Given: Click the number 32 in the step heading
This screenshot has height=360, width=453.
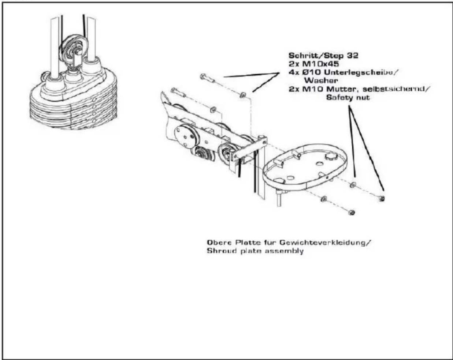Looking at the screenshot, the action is click(352, 56).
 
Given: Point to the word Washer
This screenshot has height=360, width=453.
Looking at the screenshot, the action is click(321, 80).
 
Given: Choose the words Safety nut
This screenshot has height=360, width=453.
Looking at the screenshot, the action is click(348, 98).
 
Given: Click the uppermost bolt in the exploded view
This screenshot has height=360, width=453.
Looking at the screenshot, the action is click(207, 78).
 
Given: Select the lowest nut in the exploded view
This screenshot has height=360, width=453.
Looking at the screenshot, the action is click(352, 213).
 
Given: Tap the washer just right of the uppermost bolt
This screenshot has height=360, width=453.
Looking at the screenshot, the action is click(242, 95).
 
